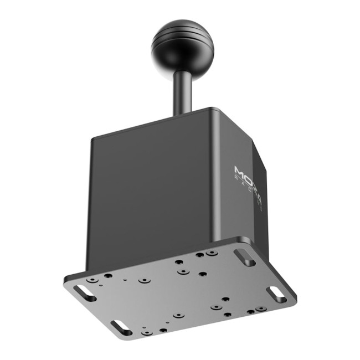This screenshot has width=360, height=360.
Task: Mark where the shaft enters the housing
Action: click(182, 113)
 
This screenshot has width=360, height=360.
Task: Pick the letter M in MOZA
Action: click(239, 167)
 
